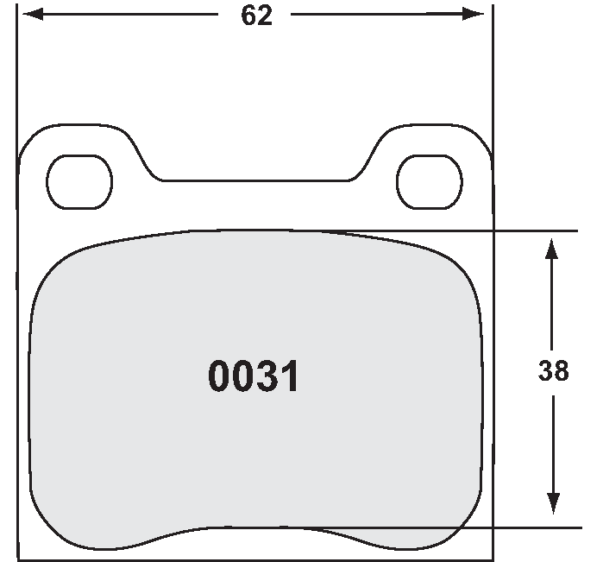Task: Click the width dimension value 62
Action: coord(256,16)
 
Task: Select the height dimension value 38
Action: coord(553,371)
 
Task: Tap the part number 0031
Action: coord(254,376)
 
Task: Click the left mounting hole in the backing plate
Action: coord(79,182)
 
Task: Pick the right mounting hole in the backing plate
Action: coord(429,182)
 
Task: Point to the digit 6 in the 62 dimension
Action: coord(248,16)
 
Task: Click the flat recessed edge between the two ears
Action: coord(256,180)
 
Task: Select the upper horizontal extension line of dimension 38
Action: coord(518,230)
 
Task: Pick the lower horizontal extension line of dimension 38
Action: coord(518,527)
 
